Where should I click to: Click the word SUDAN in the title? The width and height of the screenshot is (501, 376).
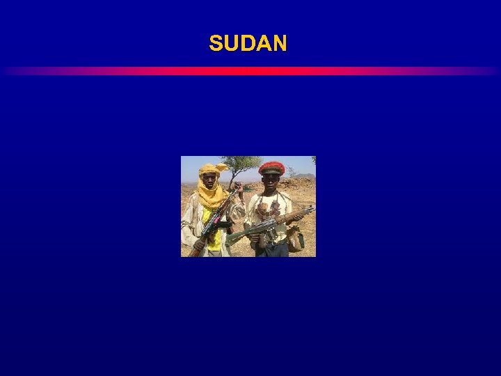coord(248,44)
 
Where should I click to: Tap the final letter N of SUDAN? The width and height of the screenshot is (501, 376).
coord(279,44)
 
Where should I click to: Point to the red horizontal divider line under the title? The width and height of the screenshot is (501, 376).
coord(250,71)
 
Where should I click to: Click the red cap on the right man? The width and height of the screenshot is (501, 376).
coord(271,167)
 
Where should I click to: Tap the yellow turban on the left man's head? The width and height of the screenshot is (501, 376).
coord(209,169)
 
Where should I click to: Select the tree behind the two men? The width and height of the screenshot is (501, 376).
coord(240,164)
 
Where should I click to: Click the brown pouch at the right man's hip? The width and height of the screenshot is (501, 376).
coord(295,239)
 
